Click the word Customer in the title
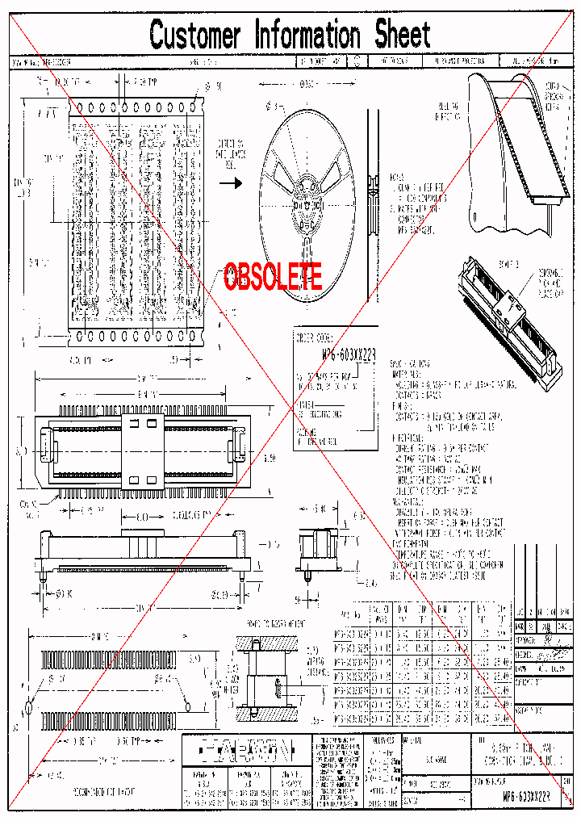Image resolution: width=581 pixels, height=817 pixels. point(194,36)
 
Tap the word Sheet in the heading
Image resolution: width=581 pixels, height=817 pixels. point(403,36)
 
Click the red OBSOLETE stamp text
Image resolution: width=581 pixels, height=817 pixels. point(273,277)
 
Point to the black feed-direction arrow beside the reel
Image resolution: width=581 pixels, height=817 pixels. point(231,183)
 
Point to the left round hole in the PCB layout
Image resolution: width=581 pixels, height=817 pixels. point(29,707)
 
